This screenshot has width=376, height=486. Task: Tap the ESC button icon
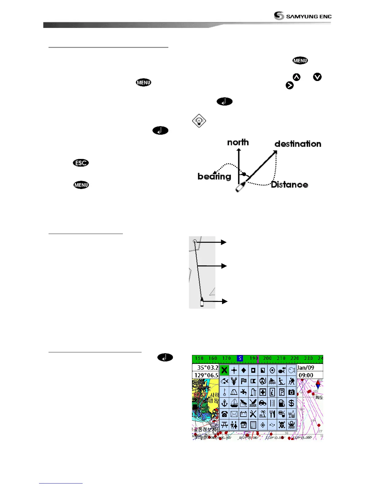point(81,163)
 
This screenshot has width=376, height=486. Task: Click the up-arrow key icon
point(296,77)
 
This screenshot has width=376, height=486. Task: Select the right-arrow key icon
point(289,86)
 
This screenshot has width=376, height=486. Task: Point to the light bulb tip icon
point(199,121)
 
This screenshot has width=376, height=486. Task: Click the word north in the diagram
point(238,142)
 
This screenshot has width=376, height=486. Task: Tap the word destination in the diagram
point(298,144)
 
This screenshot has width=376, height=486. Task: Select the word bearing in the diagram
point(214,176)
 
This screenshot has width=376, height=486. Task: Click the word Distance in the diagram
point(289,184)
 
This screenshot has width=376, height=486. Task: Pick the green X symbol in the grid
point(224,370)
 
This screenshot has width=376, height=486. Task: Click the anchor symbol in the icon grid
point(224,403)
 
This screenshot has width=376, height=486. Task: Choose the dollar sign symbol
point(291,403)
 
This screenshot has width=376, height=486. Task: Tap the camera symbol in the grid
point(291,392)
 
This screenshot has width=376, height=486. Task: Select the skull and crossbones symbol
point(282,425)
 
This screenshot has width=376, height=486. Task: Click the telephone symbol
point(224,414)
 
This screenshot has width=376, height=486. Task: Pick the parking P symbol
point(282,392)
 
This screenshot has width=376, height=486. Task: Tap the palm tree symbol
point(263,414)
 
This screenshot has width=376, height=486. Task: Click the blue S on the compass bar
point(240,358)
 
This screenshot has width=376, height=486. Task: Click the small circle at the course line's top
point(195,241)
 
